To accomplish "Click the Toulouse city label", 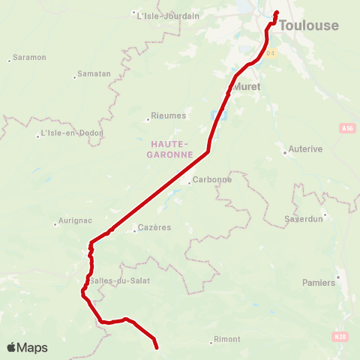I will pyautogui.click(x=308, y=25).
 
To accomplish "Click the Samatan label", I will pyautogui.click(x=95, y=73).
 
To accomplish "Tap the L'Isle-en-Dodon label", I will pyautogui.click(x=72, y=133).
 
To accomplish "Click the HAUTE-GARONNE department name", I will pyautogui.click(x=171, y=148).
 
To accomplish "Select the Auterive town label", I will pyautogui.click(x=305, y=149).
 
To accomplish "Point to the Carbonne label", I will pyautogui.click(x=212, y=180).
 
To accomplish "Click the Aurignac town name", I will pyautogui.click(x=75, y=222).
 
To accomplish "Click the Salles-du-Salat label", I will pyautogui.click(x=120, y=280).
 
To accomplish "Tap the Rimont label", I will pyautogui.click(x=227, y=339).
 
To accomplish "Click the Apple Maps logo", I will pyautogui.click(x=27, y=347).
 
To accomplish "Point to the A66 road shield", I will pyautogui.click(x=346, y=129).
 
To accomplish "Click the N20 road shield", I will pyautogui.click(x=341, y=337).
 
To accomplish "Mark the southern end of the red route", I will pyautogui.click(x=157, y=347).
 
